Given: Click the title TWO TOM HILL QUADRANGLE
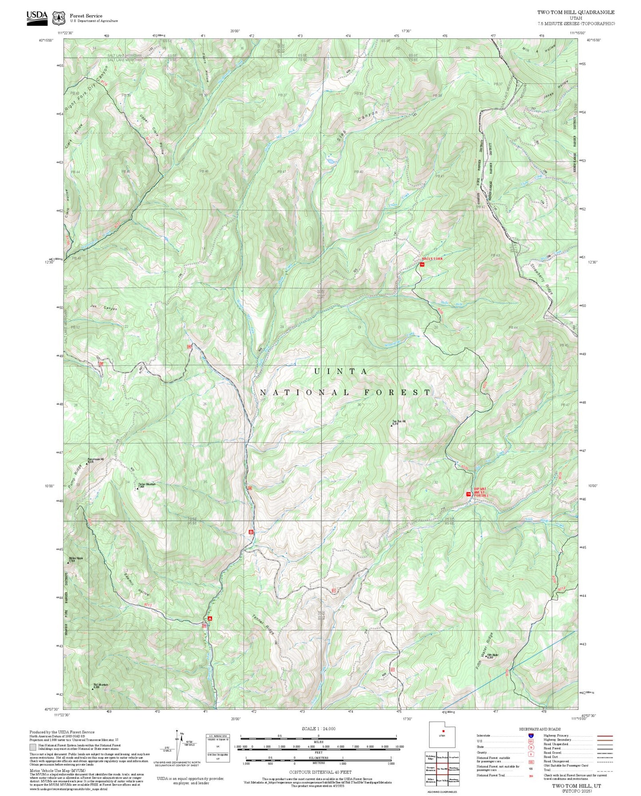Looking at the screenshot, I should (x=575, y=12).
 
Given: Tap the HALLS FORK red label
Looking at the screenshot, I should (x=432, y=258).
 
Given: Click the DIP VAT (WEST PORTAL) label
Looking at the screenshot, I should (x=480, y=492).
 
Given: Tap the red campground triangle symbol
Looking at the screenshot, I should (x=210, y=618).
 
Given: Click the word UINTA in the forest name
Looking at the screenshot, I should (x=341, y=371).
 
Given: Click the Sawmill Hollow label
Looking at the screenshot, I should (x=137, y=585).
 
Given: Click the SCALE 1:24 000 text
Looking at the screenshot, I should (x=318, y=729).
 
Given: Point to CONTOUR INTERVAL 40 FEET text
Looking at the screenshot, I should (x=320, y=772).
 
